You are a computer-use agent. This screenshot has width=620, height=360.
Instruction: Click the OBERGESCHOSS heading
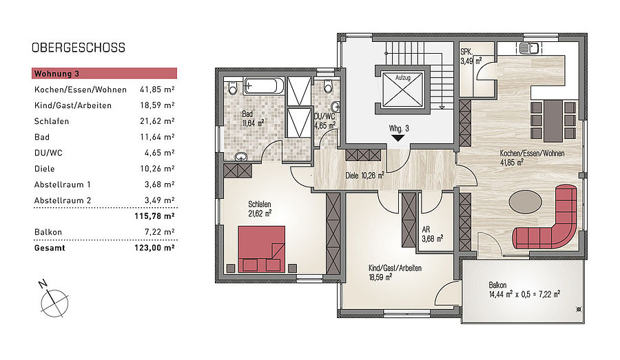79,47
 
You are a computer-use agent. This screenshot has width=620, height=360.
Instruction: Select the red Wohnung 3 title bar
105,74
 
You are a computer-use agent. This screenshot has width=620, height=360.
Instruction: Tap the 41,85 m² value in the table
157,89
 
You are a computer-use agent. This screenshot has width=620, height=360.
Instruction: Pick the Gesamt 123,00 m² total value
154,248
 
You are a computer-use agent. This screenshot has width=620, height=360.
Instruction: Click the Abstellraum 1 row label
63,184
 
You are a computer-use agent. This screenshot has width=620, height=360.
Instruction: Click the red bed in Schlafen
261,249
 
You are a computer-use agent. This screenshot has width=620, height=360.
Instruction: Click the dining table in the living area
552,121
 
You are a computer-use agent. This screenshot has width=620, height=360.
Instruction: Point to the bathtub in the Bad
264,86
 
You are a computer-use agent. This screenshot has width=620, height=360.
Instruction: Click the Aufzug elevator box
403,89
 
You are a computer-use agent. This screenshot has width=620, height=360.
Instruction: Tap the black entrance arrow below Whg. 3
397,138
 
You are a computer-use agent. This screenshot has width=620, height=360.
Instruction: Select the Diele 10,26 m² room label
364,176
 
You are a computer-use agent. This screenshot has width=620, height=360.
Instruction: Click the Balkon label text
497,285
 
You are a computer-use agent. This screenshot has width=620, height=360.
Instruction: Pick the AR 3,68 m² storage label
432,234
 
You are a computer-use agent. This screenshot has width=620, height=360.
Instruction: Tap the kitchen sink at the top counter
528,49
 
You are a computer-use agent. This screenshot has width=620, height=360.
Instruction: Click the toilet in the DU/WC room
328,86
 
